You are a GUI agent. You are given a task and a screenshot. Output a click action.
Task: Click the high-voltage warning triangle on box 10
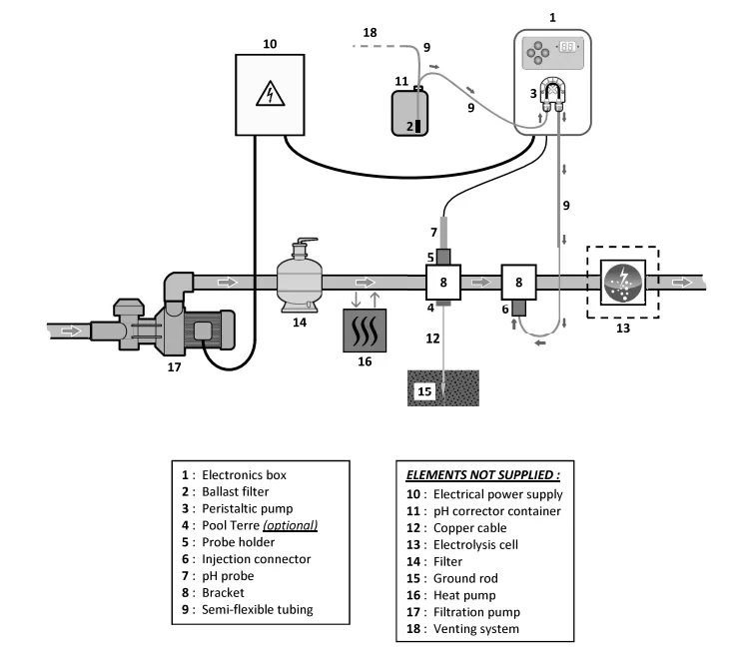(x=270, y=94)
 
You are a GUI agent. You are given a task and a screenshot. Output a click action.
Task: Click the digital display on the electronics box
(x=568, y=46)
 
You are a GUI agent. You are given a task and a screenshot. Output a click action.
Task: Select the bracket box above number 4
(x=441, y=282)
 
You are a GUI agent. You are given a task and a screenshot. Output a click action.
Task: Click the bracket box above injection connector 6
(x=517, y=282)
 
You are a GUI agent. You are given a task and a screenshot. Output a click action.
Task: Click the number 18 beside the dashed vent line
(x=370, y=34)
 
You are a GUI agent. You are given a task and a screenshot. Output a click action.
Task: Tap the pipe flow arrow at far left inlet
(x=73, y=329)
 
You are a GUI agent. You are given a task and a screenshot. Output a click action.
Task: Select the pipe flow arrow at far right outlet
(x=682, y=282)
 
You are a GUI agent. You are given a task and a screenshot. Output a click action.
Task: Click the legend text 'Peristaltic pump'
(x=240, y=509)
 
